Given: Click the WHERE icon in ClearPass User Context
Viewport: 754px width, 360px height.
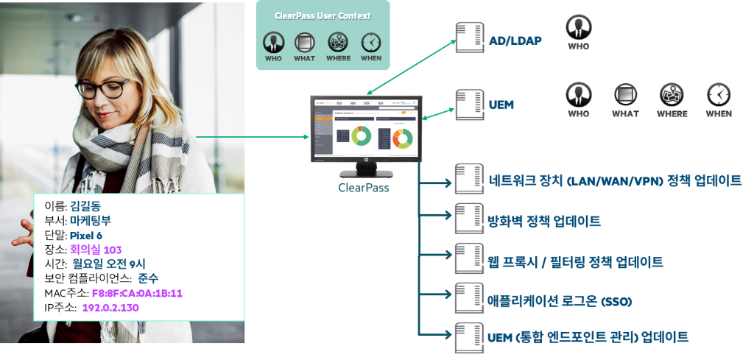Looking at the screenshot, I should click(x=338, y=41).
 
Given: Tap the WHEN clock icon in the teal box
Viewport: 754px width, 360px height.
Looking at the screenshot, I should click(x=371, y=41).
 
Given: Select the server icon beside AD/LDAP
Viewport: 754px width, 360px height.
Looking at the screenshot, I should click(x=465, y=38).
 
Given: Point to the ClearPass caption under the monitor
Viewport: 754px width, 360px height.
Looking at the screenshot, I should click(x=363, y=187).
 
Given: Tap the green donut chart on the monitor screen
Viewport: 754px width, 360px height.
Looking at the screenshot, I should click(x=361, y=135).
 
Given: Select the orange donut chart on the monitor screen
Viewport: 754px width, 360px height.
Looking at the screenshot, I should click(x=401, y=137).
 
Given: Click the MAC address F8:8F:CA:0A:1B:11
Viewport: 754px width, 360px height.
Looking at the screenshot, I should click(x=136, y=293).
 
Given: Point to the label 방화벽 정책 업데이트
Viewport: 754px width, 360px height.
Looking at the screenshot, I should click(x=544, y=221).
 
